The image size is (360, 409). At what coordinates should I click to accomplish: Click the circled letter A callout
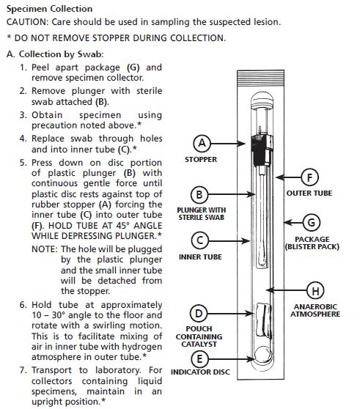[202, 143]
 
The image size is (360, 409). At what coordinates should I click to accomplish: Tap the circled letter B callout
[199, 194]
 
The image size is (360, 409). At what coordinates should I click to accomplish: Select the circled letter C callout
[200, 240]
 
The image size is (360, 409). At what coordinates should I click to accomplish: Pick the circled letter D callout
[199, 313]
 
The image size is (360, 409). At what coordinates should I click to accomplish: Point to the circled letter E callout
[199, 359]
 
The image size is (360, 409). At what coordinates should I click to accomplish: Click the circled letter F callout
[309, 177]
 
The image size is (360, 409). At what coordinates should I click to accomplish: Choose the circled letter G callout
[311, 223]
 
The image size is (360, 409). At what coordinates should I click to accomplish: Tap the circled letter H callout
[315, 290]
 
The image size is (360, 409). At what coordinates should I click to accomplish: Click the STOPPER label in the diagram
[201, 159]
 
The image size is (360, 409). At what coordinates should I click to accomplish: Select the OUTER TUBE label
[309, 194]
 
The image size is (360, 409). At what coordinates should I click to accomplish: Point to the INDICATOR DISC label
[200, 372]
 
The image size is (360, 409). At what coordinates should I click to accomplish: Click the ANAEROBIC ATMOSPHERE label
[315, 310]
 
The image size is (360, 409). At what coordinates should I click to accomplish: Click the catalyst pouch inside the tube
[263, 320]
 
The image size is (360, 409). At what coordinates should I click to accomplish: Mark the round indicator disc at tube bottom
[263, 355]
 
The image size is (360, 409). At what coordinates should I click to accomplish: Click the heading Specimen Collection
[49, 9]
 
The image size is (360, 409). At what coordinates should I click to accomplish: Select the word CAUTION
[27, 22]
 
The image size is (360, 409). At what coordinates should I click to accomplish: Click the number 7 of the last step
[22, 370]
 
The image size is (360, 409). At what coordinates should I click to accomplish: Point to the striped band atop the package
[260, 78]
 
